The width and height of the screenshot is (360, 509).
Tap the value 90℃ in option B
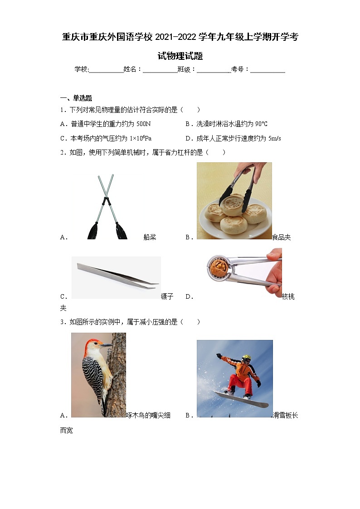(261, 124)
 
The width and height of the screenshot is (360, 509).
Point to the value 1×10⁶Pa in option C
(141, 139)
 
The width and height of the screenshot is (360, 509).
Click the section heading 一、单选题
(76, 98)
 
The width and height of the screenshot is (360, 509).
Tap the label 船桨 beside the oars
(150, 237)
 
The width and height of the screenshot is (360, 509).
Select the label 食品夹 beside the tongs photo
(282, 237)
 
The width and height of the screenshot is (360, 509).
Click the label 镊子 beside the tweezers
(167, 296)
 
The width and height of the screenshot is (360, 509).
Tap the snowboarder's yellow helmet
(246, 358)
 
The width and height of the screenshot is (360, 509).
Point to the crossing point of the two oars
(106, 199)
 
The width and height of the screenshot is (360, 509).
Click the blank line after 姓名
(161, 69)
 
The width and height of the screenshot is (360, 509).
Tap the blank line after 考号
(268, 69)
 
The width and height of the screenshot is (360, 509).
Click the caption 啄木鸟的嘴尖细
(148, 415)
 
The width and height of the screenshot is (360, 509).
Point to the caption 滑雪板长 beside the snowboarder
(286, 415)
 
